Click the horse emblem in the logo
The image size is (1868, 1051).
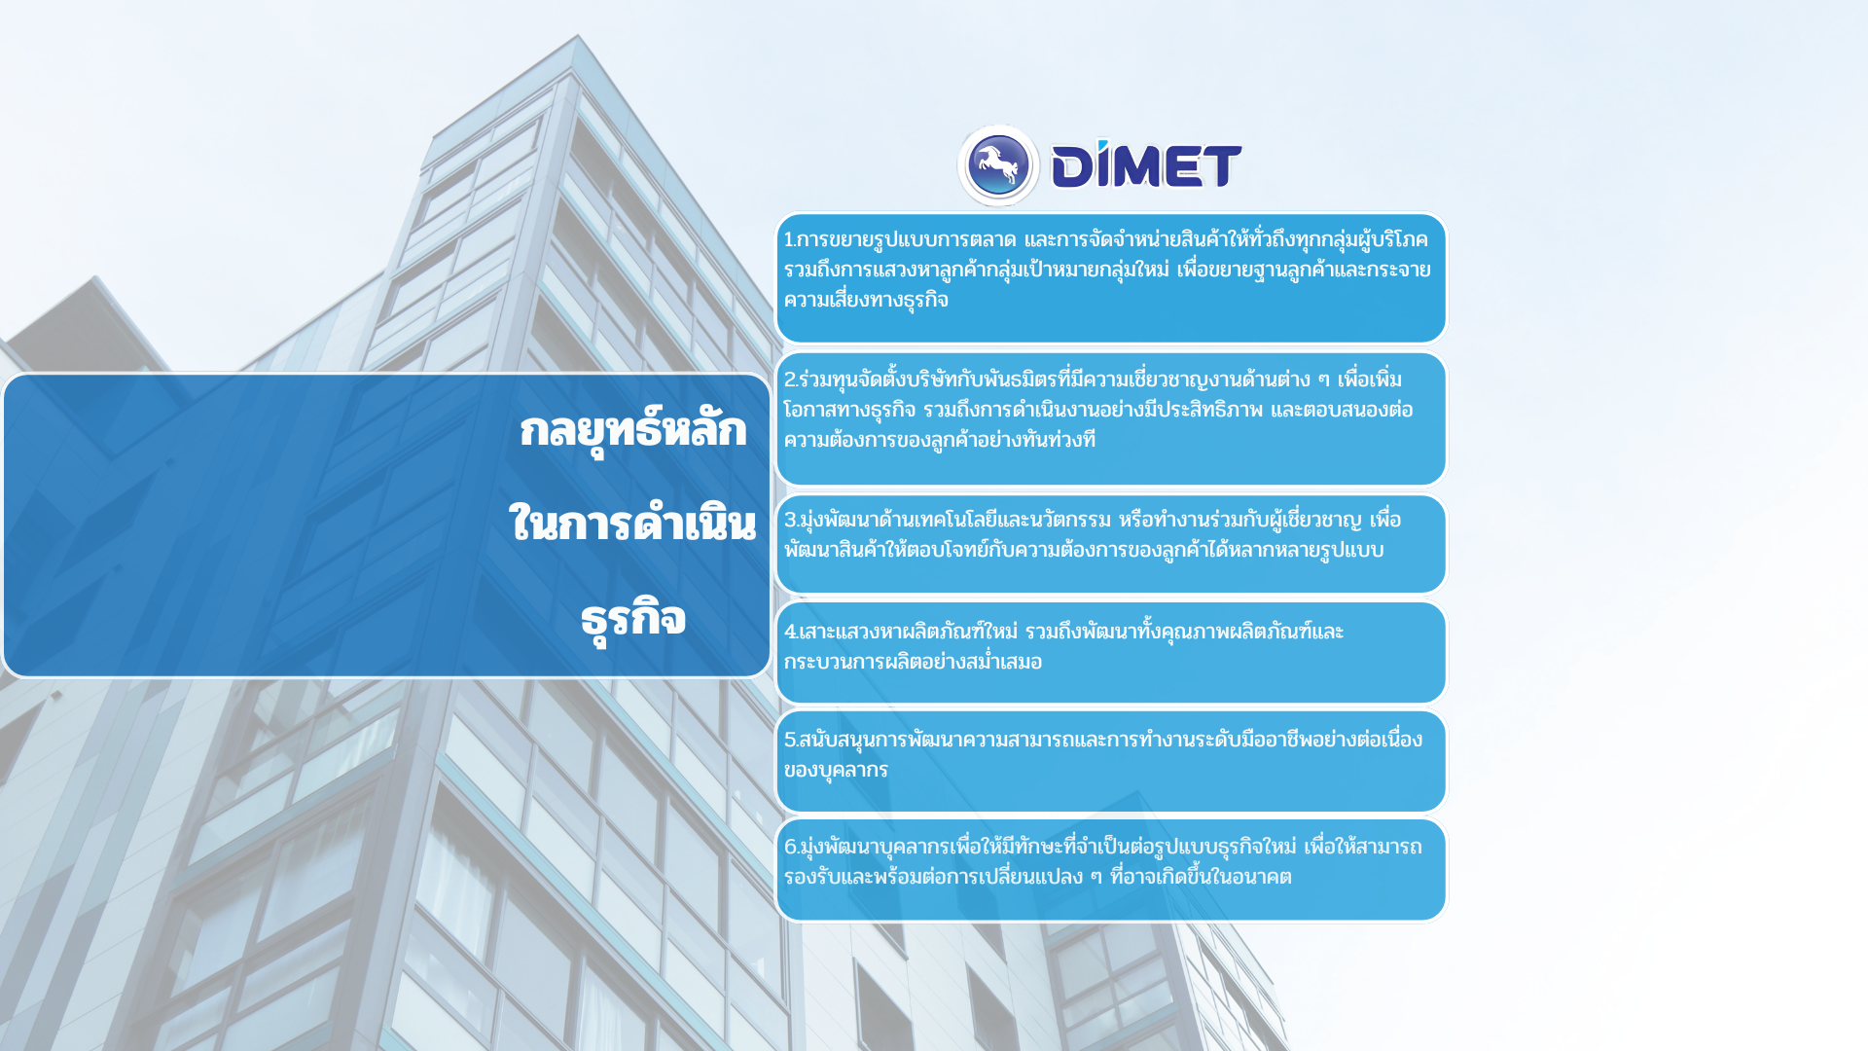point(998,165)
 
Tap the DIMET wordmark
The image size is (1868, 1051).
point(1147,163)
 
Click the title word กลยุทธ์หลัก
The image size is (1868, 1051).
point(632,430)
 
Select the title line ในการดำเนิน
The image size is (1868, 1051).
point(632,524)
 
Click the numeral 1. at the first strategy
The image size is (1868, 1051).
point(790,239)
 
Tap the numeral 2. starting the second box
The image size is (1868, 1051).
point(791,380)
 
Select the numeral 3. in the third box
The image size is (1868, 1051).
point(791,520)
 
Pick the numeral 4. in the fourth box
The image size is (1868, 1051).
point(791,632)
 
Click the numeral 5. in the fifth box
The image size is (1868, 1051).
point(791,740)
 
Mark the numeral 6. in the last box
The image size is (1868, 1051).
point(791,847)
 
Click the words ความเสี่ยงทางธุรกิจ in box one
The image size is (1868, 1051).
point(866,300)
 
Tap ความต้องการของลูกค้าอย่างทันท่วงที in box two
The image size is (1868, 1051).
point(940,440)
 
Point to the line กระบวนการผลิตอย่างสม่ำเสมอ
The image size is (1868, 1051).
point(913,662)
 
